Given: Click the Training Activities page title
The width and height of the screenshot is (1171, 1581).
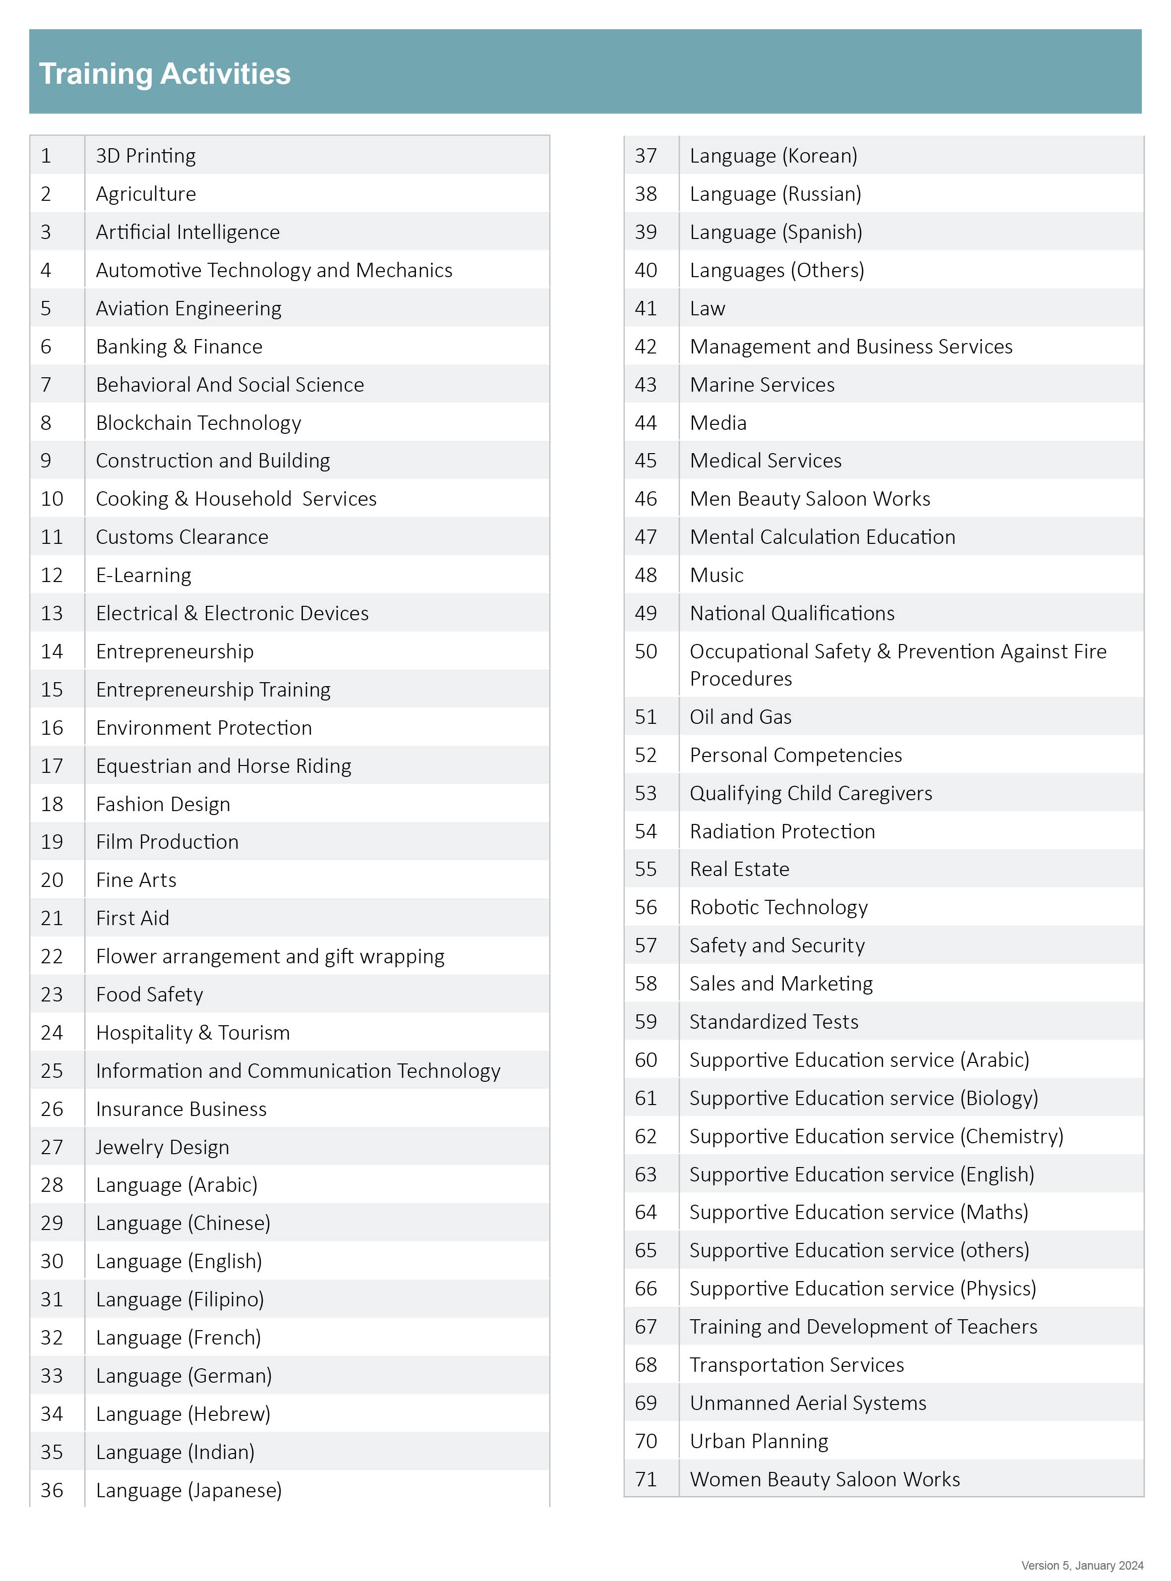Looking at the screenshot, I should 165,74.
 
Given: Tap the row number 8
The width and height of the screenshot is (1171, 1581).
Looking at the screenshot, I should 46,423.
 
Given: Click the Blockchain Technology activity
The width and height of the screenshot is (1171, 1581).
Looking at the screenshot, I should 198,423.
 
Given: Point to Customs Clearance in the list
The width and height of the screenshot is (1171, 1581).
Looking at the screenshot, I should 182,537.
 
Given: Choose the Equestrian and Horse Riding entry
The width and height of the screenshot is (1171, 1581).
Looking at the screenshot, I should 223,766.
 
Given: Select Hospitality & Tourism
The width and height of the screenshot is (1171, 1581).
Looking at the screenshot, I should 193,1033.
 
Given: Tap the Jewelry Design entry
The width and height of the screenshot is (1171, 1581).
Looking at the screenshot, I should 162,1147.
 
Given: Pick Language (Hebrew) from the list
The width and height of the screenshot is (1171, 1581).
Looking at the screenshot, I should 183,1414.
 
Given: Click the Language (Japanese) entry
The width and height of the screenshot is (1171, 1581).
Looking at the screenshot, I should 188,1490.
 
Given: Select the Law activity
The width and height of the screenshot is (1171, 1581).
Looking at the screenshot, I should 707,308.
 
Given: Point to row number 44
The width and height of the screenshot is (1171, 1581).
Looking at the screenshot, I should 646,423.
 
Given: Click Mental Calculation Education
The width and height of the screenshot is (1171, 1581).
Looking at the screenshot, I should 822,537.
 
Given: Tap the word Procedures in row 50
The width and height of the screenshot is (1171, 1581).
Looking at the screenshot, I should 741,679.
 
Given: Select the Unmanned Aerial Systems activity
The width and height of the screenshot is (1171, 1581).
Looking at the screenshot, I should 808,1403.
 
